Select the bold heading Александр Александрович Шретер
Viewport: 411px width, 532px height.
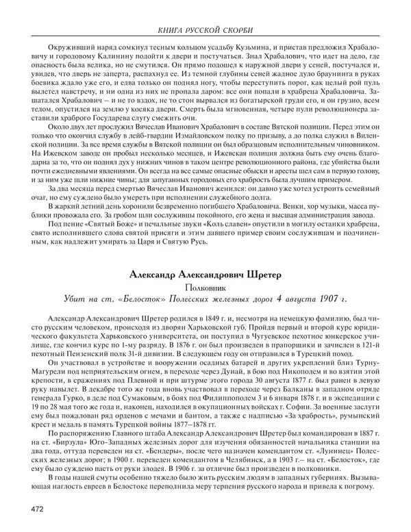205,275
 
